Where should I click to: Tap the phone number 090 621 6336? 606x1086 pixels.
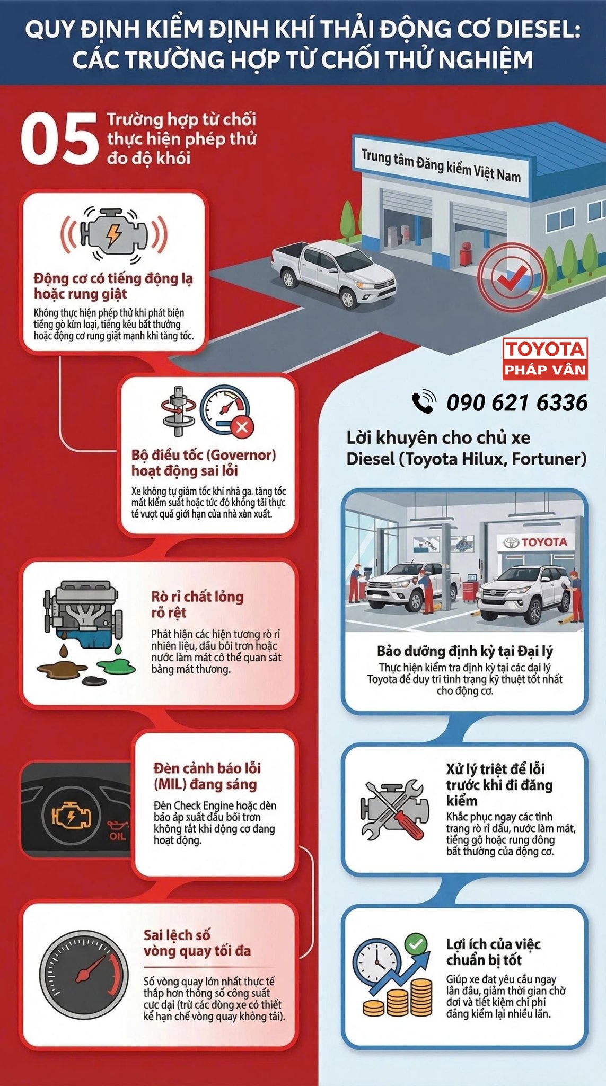click(x=517, y=402)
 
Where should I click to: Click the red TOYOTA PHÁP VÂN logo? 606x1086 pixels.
click(x=545, y=358)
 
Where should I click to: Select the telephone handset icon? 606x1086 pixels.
click(x=424, y=402)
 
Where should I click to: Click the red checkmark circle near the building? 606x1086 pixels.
click(x=511, y=276)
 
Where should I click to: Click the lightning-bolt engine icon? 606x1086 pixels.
click(x=113, y=234)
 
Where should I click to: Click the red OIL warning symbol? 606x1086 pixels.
click(x=117, y=831)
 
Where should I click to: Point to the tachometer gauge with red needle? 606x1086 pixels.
click(x=84, y=974)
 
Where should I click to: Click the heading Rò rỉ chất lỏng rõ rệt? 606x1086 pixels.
click(x=197, y=605)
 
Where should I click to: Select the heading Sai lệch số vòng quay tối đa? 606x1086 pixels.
click(x=197, y=943)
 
